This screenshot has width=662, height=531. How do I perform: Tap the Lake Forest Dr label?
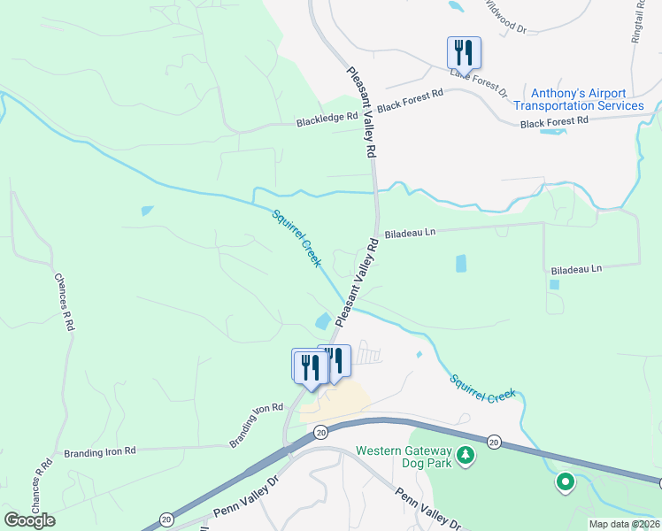[x=478, y=81]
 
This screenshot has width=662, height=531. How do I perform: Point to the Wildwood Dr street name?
[x=505, y=18]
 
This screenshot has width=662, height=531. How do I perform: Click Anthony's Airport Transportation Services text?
[x=578, y=99]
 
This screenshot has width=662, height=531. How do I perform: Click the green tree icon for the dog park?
[x=465, y=457]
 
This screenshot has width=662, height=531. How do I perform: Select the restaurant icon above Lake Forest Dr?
[x=464, y=51]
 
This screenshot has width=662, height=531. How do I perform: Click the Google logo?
[x=29, y=520]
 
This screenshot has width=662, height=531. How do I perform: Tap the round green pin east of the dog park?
[x=565, y=482]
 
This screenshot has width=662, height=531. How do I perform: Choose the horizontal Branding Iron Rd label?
[x=99, y=451]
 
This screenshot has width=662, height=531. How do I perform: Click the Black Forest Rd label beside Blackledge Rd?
[x=410, y=100]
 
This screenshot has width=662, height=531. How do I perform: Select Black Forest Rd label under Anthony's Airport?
[x=554, y=121]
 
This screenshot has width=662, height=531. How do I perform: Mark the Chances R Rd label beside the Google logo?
[x=39, y=485]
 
